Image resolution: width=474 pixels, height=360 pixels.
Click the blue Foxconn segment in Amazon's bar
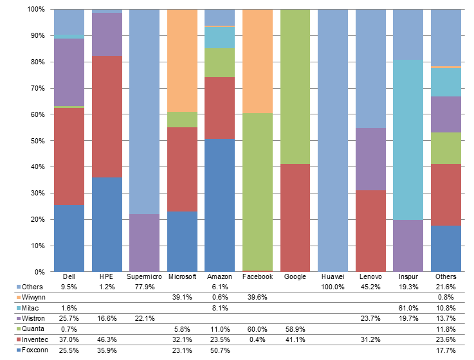pos(220,205)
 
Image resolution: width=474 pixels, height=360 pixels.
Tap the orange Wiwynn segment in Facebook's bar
pos(257,61)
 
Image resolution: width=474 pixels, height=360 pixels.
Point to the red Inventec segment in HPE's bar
pos(107,116)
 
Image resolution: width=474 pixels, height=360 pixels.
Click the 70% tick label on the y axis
pos(36,88)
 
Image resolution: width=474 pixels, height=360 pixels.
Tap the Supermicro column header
pos(144,276)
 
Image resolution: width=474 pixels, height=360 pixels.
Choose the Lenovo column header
pos(370,276)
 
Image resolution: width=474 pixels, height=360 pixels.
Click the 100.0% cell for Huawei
pos(333,287)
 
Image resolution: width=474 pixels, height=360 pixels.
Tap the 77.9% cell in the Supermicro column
pos(144,287)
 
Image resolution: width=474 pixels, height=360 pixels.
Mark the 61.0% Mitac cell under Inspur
pos(408,308)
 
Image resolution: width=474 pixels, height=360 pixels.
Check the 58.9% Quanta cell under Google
pos(295,328)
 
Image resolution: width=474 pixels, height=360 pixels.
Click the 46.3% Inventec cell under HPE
pos(107,339)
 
